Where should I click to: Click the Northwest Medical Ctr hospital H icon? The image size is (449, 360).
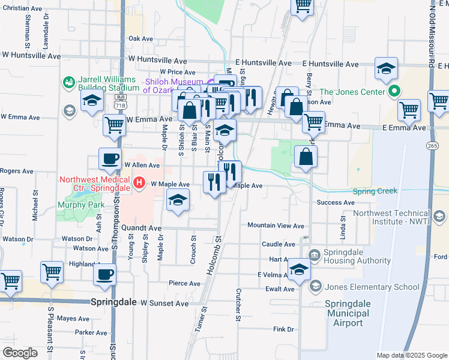(x=139, y=182)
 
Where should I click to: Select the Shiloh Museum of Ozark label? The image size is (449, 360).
(x=174, y=86)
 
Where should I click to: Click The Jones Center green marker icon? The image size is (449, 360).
(x=394, y=92)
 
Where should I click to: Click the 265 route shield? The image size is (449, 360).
(x=433, y=145)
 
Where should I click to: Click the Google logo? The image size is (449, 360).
(x=20, y=352)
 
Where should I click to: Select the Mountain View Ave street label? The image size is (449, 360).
(x=276, y=226)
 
